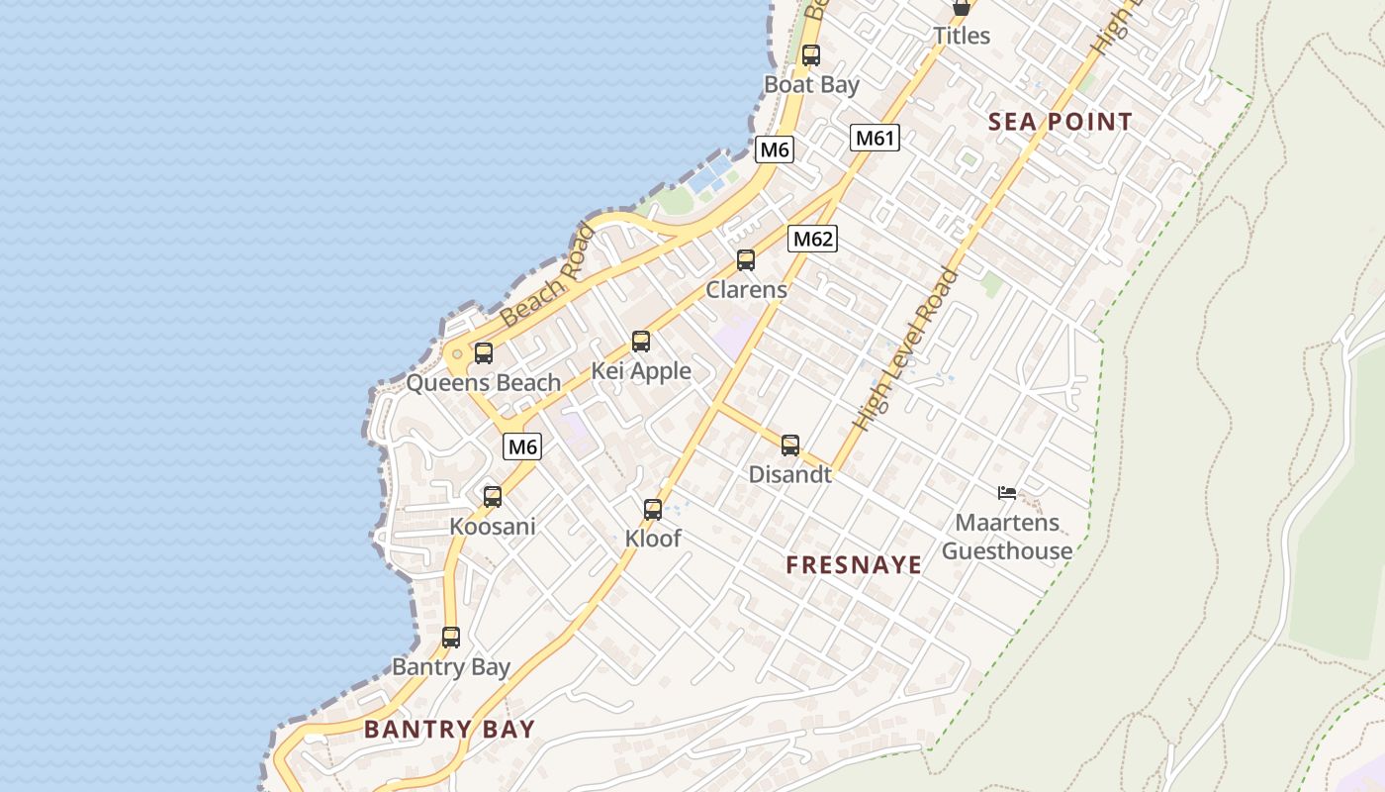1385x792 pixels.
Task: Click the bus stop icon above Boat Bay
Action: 811,55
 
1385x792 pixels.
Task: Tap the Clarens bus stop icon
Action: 746,260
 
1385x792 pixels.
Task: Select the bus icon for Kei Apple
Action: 641,342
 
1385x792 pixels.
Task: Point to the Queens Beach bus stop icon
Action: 484,353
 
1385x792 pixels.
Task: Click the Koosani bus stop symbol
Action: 493,497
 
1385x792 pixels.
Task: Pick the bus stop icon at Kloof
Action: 653,510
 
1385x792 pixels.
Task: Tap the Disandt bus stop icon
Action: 790,445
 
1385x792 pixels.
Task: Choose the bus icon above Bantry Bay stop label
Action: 451,638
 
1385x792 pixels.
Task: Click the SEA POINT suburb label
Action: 1061,122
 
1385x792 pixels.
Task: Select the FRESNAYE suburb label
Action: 854,565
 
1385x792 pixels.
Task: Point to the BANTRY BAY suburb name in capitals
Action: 449,730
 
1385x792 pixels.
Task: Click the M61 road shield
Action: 875,138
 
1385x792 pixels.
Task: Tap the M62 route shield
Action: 812,239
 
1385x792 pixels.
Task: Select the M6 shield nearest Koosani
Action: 522,446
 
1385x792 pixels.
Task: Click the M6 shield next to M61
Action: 774,149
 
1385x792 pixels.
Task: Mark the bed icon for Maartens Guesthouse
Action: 1007,492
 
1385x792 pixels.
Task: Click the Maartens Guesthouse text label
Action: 1007,537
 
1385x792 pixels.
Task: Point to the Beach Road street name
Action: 548,276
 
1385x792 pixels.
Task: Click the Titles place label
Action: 962,36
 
